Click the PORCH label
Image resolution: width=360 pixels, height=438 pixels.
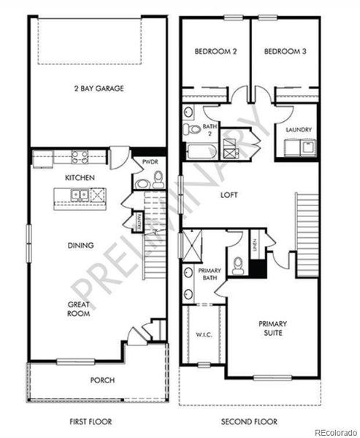coord(102,380)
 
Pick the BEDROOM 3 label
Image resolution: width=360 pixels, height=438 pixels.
coord(284,51)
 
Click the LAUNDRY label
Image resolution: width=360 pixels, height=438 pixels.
coord(299,130)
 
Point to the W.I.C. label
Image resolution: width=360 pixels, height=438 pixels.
coord(204,337)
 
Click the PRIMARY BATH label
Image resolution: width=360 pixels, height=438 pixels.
coord(211,274)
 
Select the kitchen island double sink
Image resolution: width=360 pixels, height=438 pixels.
coord(81,195)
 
